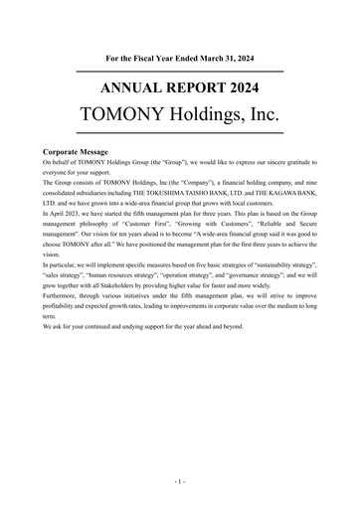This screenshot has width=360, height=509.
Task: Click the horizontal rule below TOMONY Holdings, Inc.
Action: coord(179,131)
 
